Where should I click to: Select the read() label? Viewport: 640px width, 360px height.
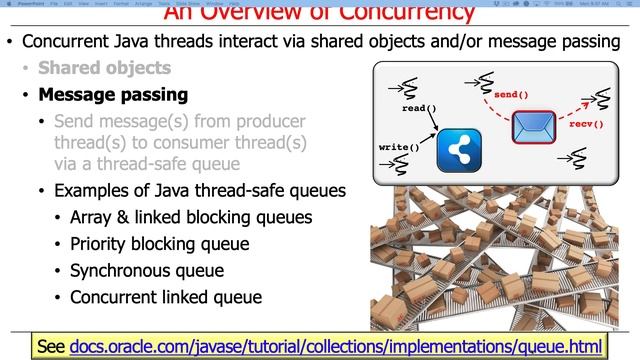[x=419, y=107]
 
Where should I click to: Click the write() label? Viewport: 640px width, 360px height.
[x=398, y=147]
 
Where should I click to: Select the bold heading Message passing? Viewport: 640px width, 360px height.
[x=112, y=96]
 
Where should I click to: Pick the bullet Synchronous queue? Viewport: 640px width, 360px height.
[x=147, y=270]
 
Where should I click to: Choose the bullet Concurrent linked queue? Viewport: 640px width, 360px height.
[x=165, y=296]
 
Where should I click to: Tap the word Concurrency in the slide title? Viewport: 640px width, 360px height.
[x=403, y=13]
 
